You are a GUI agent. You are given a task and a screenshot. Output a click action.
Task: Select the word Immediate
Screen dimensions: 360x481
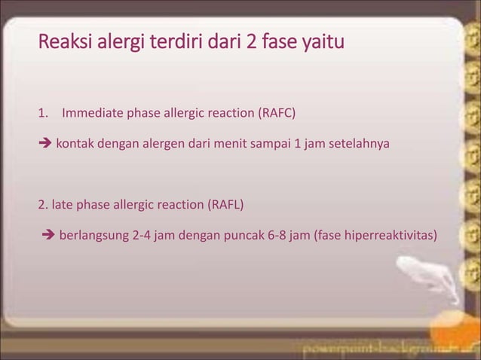coord(91,114)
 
